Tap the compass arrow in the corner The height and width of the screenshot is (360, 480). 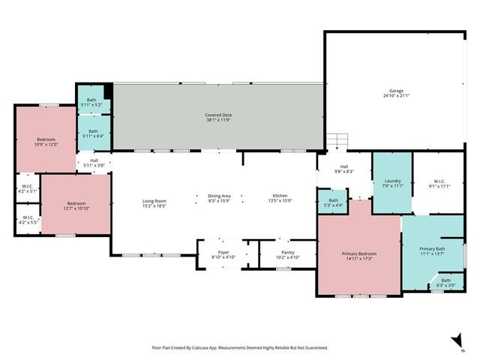[456, 341]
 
